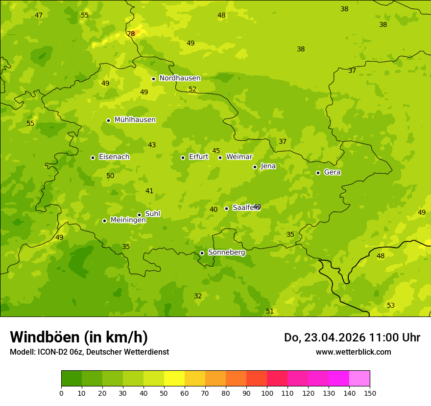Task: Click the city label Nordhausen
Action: coord(180,78)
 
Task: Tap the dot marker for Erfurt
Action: coord(183,158)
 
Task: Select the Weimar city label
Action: coord(239,157)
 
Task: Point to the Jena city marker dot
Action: coord(255,167)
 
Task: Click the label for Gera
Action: coord(332,172)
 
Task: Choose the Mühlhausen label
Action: coord(135,120)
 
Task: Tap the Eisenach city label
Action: coord(114,157)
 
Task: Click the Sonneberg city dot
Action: coord(202,253)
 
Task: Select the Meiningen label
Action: coord(128,220)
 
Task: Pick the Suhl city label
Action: coord(152,214)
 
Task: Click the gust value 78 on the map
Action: coord(131,34)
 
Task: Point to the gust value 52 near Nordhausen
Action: coord(192,89)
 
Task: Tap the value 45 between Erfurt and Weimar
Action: coord(216,151)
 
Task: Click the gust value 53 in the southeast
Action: coord(391,305)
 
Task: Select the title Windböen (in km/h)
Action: coord(79,337)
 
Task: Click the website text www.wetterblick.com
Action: coord(353,352)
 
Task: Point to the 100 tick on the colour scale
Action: coord(267,393)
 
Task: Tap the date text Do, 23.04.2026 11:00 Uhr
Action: coord(352,338)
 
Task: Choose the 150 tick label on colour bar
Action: coord(370,393)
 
